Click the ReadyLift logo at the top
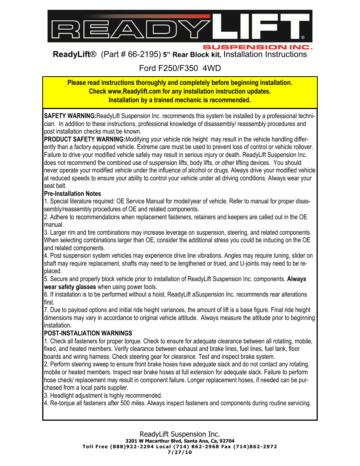click(x=180, y=26)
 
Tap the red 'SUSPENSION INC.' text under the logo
click(x=258, y=47)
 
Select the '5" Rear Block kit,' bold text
click(x=192, y=55)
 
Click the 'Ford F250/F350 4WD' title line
click(x=180, y=68)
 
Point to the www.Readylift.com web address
click(x=134, y=91)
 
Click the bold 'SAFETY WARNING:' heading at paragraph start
click(x=70, y=116)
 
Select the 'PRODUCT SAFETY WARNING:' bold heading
click(x=85, y=139)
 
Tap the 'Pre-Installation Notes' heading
click(x=72, y=194)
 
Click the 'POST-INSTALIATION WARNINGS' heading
click(x=88, y=333)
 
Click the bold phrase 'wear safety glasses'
click(x=70, y=287)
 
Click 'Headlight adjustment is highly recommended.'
click(x=106, y=395)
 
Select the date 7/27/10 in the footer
click(x=180, y=452)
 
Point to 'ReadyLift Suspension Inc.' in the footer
click(x=180, y=434)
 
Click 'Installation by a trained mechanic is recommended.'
click(x=180, y=100)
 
